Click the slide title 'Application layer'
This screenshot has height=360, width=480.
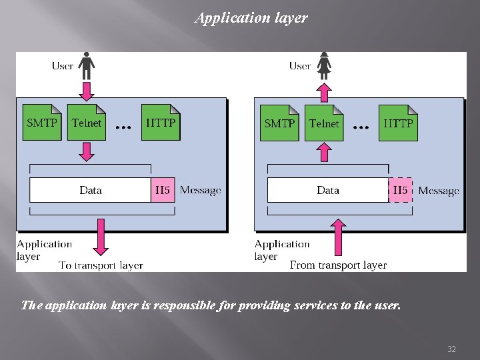pyautogui.click(x=251, y=18)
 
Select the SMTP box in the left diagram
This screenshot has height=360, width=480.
pyautogui.click(x=42, y=122)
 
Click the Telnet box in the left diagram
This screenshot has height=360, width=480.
pyautogui.click(x=87, y=122)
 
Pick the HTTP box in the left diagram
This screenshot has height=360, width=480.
pyautogui.click(x=161, y=122)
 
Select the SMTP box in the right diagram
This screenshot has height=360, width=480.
pyautogui.click(x=279, y=123)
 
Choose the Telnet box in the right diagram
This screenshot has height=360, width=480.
pyautogui.click(x=324, y=123)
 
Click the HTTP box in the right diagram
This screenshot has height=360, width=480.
pyautogui.click(x=398, y=123)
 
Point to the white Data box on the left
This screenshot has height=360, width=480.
pyautogui.click(x=91, y=190)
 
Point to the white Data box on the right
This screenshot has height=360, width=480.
pyautogui.click(x=328, y=190)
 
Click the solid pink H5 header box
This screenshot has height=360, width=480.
pyautogui.click(x=163, y=190)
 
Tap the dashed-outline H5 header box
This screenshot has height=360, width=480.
pyautogui.click(x=400, y=190)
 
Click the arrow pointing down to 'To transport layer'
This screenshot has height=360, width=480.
pyautogui.click(x=101, y=236)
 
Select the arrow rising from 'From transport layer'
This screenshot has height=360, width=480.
pyautogui.click(x=339, y=237)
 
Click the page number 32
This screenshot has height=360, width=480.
pyautogui.click(x=451, y=349)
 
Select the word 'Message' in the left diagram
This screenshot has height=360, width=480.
pyautogui.click(x=200, y=191)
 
